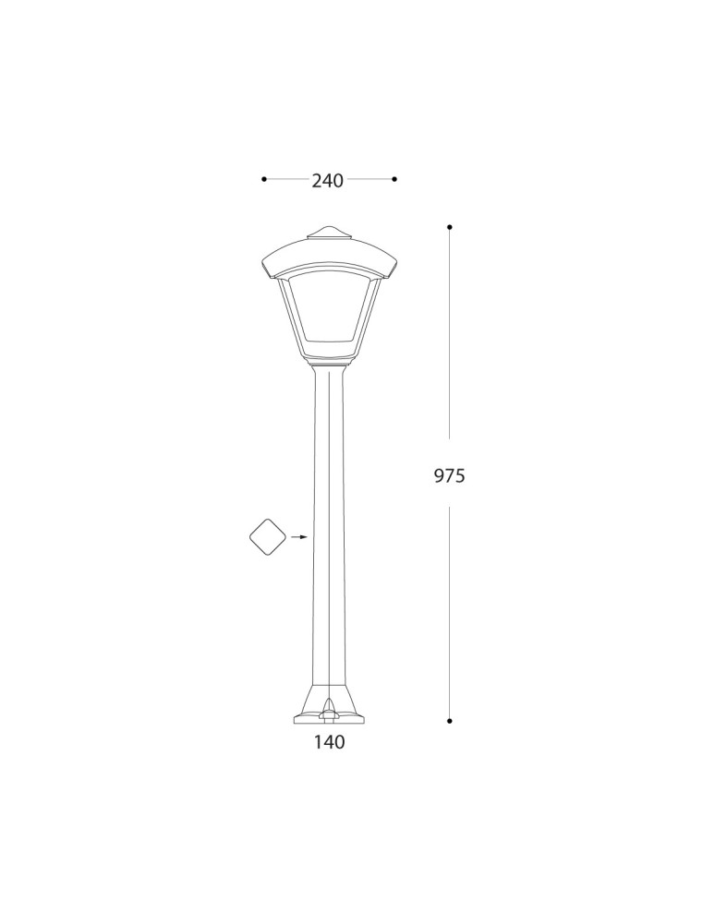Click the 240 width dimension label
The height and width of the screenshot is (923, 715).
[327, 181]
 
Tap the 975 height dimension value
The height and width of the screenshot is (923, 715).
[449, 476]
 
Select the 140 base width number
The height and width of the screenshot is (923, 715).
[329, 741]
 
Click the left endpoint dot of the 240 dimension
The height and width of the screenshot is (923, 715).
[264, 179]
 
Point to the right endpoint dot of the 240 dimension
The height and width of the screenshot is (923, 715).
[394, 179]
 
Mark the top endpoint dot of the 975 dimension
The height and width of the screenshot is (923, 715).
[449, 226]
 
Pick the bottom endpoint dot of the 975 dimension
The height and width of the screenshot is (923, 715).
[449, 720]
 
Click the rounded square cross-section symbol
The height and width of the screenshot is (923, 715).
[268, 536]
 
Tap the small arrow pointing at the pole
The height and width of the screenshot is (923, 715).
[298, 536]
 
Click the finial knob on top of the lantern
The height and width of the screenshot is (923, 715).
[329, 230]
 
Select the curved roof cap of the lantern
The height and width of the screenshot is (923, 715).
[329, 254]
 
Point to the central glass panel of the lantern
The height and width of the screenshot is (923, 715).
[329, 314]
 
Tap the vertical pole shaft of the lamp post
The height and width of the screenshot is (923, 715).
[329, 526]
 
